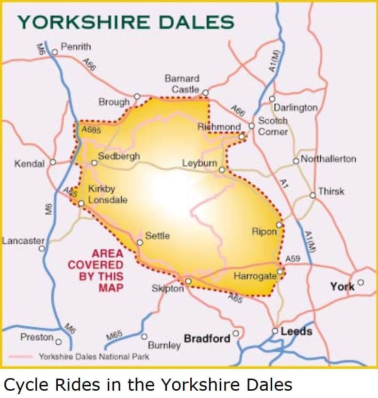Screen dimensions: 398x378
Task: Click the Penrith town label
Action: [76, 48]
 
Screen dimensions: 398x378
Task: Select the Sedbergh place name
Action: [119, 156]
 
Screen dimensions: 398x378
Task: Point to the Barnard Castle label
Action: [182, 84]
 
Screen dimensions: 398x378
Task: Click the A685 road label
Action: [91, 130]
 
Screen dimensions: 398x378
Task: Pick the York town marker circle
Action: [360, 282]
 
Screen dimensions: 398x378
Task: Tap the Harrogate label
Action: [255, 276]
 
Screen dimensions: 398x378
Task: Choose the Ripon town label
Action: [263, 232]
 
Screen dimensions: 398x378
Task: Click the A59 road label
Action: [293, 259]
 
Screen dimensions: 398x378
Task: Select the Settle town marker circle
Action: [140, 242]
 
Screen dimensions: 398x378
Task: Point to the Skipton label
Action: [168, 288]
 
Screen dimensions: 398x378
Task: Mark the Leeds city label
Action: [296, 332]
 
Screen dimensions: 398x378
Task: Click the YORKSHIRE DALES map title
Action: [126, 22]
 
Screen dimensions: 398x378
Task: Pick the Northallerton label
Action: [329, 159]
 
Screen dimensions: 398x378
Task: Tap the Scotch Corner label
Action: [273, 126]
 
